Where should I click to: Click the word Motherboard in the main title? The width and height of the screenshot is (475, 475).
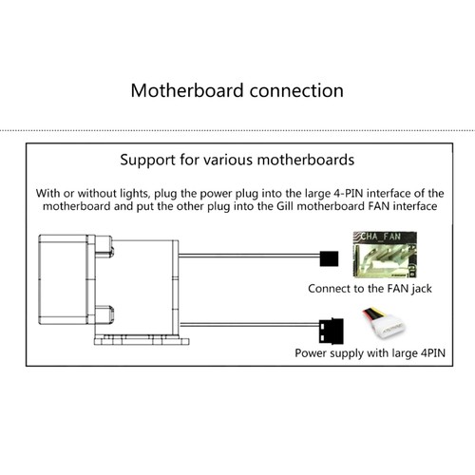[x=187, y=90]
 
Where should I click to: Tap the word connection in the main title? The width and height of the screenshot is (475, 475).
[x=296, y=90]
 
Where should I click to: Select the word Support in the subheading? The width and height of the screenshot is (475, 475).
[x=147, y=161]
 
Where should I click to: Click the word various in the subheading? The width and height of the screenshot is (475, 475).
[x=228, y=160]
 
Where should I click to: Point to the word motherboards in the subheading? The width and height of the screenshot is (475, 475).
[x=306, y=160]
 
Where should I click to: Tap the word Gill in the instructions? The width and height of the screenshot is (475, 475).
[x=285, y=206]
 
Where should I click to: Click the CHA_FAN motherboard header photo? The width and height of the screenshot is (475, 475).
[x=385, y=255]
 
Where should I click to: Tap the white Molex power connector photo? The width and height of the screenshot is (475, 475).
[x=384, y=323]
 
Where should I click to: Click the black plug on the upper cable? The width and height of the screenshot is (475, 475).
[x=329, y=258]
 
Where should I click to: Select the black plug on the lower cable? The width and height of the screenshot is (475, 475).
[x=332, y=331]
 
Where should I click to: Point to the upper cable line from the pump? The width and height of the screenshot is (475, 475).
[x=249, y=256]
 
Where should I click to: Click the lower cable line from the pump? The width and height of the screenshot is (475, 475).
[x=250, y=324]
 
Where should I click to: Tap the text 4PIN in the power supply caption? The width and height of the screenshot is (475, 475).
[x=432, y=352]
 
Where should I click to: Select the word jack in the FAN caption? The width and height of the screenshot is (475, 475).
[x=422, y=289]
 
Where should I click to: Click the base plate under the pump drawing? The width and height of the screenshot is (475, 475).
[x=142, y=341]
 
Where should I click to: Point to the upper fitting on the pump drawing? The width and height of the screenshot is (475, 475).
[x=104, y=246]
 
